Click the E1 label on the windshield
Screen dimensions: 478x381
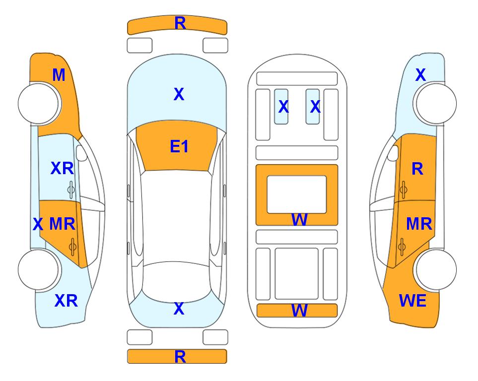[x=179, y=146]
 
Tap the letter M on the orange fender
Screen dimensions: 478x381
[x=59, y=75]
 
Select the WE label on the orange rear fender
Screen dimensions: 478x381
[x=412, y=301]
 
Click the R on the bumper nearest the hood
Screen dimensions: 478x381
[x=180, y=23]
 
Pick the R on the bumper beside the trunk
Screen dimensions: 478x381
[x=180, y=357]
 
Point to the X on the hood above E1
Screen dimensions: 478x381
[x=179, y=94]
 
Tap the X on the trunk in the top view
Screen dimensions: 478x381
[x=179, y=309]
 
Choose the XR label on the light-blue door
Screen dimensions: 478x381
[x=62, y=168]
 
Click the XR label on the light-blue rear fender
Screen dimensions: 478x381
[x=66, y=301]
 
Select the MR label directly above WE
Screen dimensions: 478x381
[x=419, y=224]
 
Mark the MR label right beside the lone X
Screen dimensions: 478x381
[x=62, y=224]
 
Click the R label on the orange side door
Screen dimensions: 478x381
[x=417, y=169]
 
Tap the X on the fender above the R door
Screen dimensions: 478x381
[x=420, y=75]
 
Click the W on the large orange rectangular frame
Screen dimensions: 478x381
[x=299, y=219]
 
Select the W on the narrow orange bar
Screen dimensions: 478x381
[x=299, y=311]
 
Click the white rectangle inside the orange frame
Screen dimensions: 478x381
[x=297, y=194]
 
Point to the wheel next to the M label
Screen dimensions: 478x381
[x=39, y=103]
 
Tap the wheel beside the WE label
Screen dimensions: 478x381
[x=436, y=269]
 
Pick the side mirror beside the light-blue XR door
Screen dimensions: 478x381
[x=81, y=153]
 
